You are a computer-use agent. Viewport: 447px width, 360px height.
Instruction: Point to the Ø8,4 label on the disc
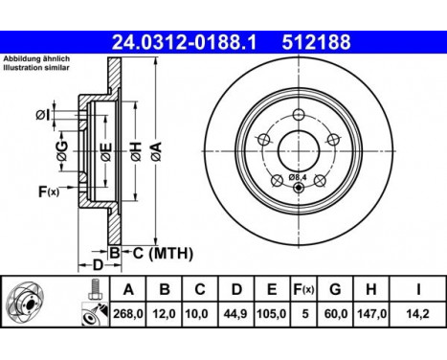[x=299, y=177]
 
